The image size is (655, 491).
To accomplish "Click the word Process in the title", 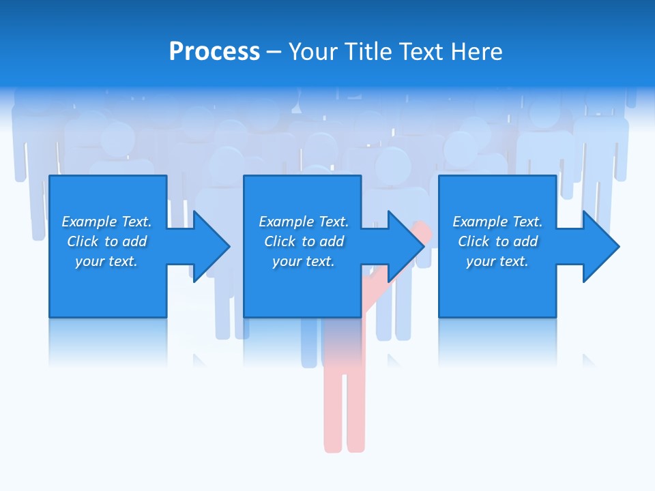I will click(214, 52).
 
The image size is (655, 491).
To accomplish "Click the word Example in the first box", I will click(89, 222).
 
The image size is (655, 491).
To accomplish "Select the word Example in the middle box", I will click(286, 222).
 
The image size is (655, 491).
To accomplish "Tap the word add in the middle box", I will click(332, 241).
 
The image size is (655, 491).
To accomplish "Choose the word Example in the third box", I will click(480, 222).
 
